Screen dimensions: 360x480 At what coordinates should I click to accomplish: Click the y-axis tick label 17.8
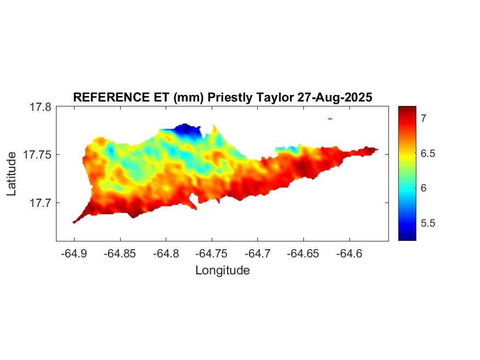pyautogui.click(x=41, y=107)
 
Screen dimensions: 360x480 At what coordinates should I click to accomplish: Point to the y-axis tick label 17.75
pyautogui.click(x=37, y=155)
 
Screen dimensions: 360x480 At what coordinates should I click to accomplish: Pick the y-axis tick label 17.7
pyautogui.click(x=41, y=203)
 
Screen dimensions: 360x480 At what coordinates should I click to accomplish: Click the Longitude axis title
pyautogui.click(x=222, y=270)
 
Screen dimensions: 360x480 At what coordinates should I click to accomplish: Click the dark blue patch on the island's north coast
pyautogui.click(x=187, y=130)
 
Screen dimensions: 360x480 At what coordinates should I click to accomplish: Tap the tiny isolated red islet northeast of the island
pyautogui.click(x=330, y=118)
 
